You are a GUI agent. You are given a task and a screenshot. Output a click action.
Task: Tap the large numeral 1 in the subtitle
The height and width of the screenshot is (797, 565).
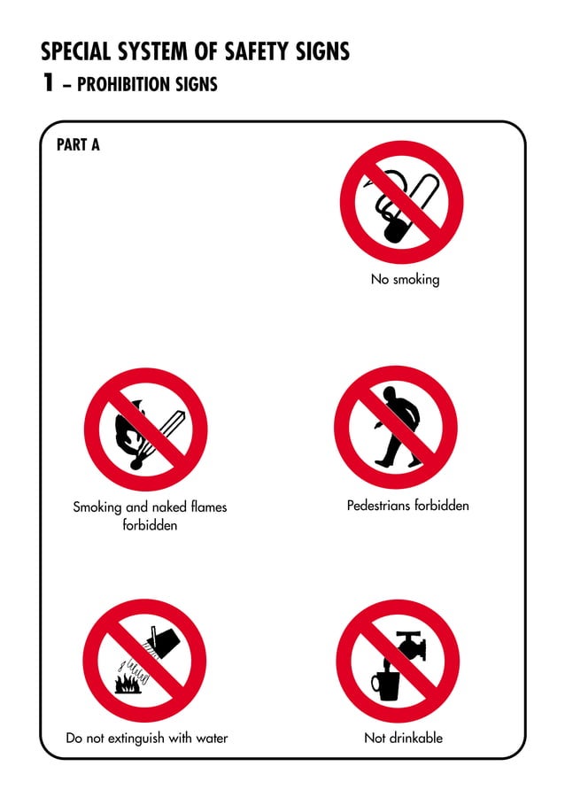pos(48,83)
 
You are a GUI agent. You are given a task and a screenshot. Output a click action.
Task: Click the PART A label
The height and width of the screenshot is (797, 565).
pos(78,144)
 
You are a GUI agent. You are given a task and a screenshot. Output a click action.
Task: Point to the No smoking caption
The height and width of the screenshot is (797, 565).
pos(405,279)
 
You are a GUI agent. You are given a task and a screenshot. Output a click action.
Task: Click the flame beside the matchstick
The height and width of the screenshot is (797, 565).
pos(129,430)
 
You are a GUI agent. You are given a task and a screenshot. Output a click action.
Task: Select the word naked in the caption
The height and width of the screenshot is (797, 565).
pos(170,507)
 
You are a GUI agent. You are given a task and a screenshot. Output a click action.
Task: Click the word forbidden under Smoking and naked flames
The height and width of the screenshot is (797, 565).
pos(150,525)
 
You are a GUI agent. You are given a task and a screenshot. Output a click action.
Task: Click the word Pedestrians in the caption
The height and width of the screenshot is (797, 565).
pos(379,506)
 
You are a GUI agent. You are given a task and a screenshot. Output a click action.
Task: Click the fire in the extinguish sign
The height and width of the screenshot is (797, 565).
pos(129,682)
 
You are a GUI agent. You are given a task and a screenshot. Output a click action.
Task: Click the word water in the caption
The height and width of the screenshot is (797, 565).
pos(211,738)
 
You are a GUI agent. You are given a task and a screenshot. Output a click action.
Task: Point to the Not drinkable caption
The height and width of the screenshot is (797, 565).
pos(403,738)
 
